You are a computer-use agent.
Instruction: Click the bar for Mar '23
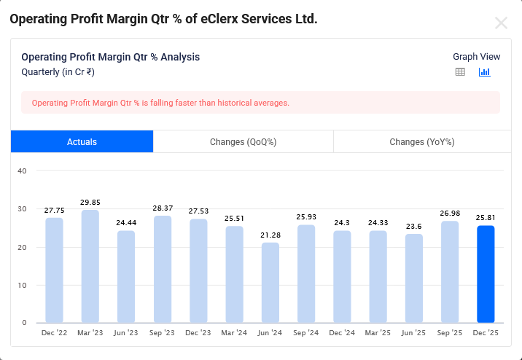(x=90, y=266)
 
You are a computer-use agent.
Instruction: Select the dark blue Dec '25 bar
(x=486, y=274)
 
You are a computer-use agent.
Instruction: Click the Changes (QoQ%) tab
(x=243, y=142)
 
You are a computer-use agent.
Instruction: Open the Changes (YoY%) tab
(x=422, y=142)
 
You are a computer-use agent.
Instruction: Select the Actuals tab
(x=82, y=142)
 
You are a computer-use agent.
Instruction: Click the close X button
(x=501, y=23)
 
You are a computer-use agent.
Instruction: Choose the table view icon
(x=460, y=72)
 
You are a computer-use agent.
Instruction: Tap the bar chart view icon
(x=484, y=72)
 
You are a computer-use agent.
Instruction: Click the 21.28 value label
(x=270, y=235)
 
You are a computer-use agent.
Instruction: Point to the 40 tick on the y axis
(x=22, y=171)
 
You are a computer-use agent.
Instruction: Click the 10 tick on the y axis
(x=22, y=285)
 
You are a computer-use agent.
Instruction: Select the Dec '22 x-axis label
(x=54, y=333)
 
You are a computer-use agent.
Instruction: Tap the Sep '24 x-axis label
(x=306, y=333)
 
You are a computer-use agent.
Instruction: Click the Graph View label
(x=476, y=57)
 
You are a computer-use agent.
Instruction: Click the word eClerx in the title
(x=200, y=19)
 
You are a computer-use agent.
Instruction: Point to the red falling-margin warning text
(x=160, y=103)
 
